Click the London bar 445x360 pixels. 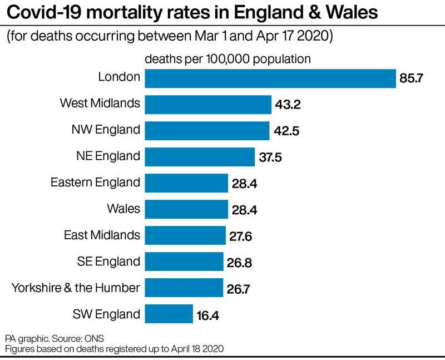tap(270, 78)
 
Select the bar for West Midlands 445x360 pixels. tap(208, 104)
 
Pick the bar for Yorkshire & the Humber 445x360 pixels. tap(184, 288)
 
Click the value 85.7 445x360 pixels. tap(412, 78)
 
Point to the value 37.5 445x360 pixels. tap(271, 157)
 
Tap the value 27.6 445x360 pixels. tap(241, 236)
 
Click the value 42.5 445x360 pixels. tap(286, 131)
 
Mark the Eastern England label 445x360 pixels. tap(95, 183)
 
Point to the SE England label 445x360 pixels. tap(108, 262)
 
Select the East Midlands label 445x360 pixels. tap(102, 235)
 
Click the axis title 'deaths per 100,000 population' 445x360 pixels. tap(228, 58)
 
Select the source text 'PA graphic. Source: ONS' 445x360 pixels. tap(55, 338)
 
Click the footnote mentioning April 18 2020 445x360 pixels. tap(115, 349)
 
